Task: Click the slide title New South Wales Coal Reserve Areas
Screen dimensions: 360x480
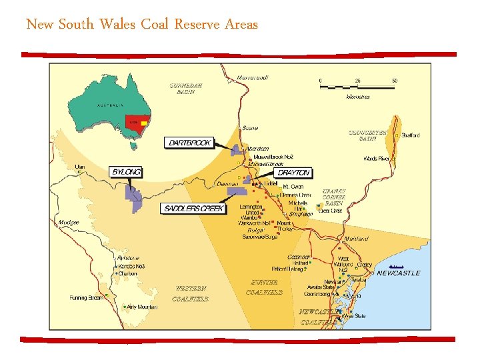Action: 141,25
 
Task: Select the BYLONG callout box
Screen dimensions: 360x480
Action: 127,172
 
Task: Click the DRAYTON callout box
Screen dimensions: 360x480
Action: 293,173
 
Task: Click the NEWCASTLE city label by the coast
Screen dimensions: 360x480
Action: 398,273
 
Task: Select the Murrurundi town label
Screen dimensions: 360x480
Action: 253,78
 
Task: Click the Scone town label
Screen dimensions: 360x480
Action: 250,128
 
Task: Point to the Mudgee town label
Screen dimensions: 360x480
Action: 69,222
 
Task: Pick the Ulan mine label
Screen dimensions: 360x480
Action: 80,166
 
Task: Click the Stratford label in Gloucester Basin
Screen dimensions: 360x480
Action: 410,135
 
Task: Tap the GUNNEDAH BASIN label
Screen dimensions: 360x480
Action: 185,89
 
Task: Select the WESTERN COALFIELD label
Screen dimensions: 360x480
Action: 190,294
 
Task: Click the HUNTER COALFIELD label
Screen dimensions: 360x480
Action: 264,287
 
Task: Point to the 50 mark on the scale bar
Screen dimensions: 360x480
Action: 395,81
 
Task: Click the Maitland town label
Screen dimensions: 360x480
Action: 357,239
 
